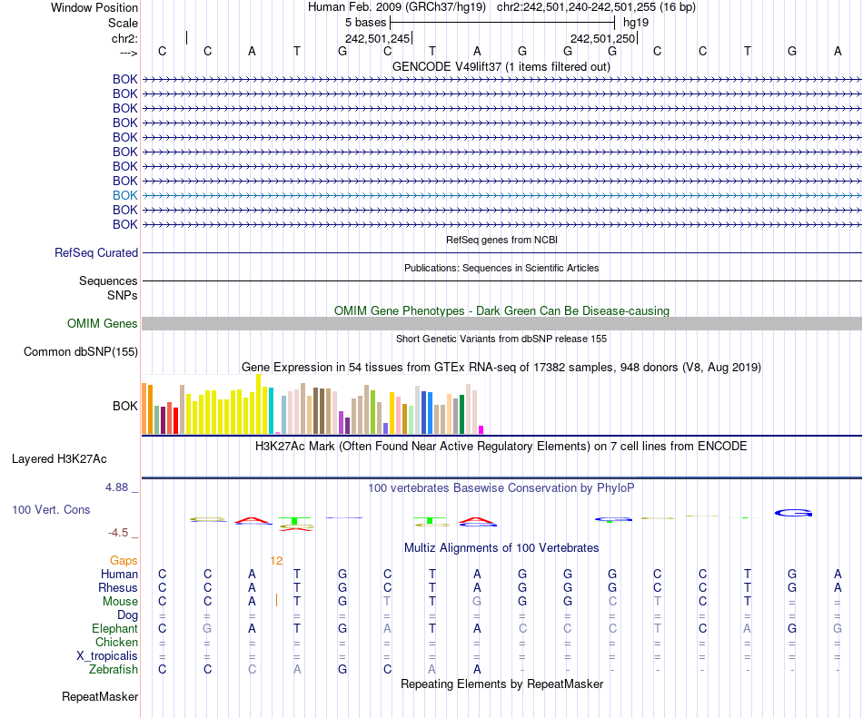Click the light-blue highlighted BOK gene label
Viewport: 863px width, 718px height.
[x=125, y=195]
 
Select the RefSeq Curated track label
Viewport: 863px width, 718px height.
[x=96, y=253]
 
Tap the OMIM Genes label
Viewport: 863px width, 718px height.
[x=103, y=324]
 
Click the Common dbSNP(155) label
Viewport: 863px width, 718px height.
[x=81, y=352]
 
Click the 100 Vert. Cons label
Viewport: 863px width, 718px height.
[x=51, y=510]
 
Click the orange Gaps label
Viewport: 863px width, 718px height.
[x=124, y=561]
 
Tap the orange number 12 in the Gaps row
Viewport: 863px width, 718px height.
[x=277, y=561]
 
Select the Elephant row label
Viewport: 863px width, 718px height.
[x=114, y=629]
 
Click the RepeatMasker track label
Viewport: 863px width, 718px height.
[x=100, y=697]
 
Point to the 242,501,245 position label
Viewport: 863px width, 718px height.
[x=378, y=39]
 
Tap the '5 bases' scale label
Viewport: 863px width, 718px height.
[x=365, y=22]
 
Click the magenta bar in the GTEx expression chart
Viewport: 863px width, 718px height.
[x=481, y=429]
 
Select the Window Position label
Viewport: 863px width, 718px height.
[x=94, y=7]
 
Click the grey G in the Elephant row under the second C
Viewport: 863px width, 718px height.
[x=207, y=629]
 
